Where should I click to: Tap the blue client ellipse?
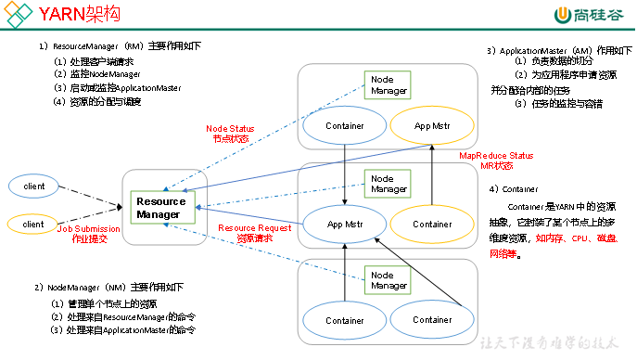33,186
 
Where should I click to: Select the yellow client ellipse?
33,224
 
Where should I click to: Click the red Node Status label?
231,133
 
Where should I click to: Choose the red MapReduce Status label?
496,161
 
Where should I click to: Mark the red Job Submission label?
85,232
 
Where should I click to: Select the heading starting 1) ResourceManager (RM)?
120,45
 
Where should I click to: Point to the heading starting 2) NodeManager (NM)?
108,286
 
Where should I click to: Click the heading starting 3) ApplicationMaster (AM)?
560,50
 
